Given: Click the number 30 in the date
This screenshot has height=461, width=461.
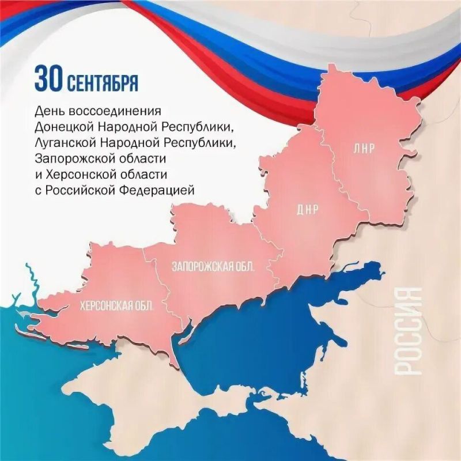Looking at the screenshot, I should tap(48, 80).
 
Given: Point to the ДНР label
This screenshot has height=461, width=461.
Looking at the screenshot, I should tap(308, 209).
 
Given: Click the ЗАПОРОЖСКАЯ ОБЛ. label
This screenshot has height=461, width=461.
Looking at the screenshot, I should tap(213, 266).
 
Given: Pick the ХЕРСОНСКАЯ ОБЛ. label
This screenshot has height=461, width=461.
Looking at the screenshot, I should tap(117, 306).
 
